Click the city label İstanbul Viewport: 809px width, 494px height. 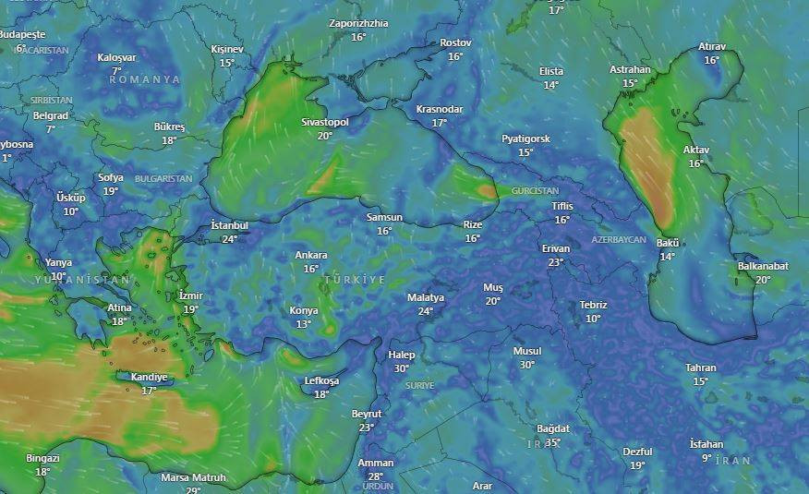pyautogui.click(x=230, y=225)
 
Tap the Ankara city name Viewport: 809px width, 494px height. pyautogui.click(x=311, y=255)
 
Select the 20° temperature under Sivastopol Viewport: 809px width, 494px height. pyautogui.click(x=325, y=136)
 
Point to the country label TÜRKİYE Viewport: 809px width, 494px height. pyautogui.click(x=355, y=279)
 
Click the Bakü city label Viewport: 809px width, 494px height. pyautogui.click(x=668, y=243)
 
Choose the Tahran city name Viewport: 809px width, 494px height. pyautogui.click(x=701, y=367)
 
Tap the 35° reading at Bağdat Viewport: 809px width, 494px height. pyautogui.click(x=553, y=442)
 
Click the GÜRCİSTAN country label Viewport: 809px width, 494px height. pyautogui.click(x=536, y=191)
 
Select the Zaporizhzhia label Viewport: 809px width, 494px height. pyautogui.click(x=358, y=23)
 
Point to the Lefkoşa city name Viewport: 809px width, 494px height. pyautogui.click(x=321, y=380)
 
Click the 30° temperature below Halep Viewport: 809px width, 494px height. pyautogui.click(x=402, y=368)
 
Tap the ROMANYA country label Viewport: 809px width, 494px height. pyautogui.click(x=145, y=80)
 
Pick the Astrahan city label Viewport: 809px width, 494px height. pyautogui.click(x=630, y=69)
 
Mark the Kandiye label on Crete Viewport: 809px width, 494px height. pyautogui.click(x=149, y=377)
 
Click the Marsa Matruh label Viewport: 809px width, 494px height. pyautogui.click(x=194, y=477)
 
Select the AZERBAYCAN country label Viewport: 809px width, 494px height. pyautogui.click(x=619, y=239)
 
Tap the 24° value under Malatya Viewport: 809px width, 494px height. pyautogui.click(x=426, y=311)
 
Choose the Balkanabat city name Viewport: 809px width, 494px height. pyautogui.click(x=763, y=266)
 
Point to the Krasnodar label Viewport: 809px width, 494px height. pyautogui.click(x=440, y=109)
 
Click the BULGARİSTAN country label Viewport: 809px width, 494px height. pyautogui.click(x=163, y=178)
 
